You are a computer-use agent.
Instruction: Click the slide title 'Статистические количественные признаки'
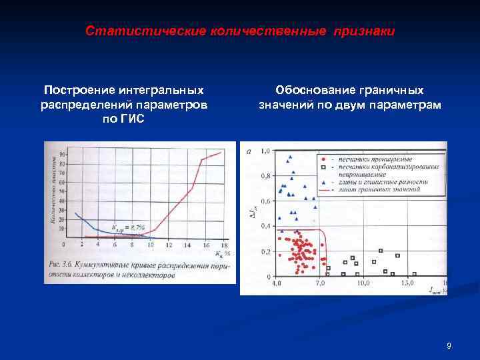(240, 31)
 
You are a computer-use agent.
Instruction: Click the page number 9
(449, 345)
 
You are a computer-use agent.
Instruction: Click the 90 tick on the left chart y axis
(62, 155)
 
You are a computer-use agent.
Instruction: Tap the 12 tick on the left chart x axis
(168, 245)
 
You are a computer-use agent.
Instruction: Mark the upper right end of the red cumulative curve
(221, 152)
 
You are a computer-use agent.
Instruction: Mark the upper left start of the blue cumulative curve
(75, 213)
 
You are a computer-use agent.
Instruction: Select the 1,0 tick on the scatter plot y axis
(265, 152)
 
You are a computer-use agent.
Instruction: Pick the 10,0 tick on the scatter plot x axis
(363, 283)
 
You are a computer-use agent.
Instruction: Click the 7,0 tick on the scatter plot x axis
(321, 283)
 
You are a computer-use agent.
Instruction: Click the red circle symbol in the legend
(323, 161)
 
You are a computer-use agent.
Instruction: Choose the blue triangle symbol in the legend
(323, 182)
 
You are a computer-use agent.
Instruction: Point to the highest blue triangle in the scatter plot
(289, 158)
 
